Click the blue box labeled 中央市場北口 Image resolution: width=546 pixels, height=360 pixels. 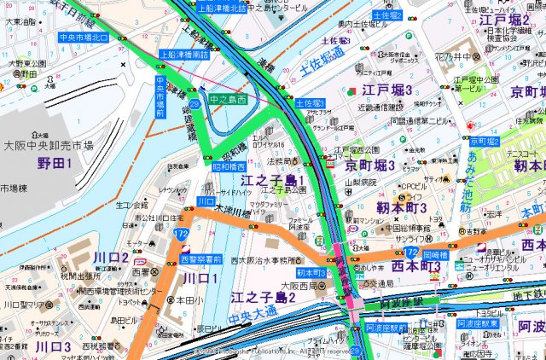pos(83,38)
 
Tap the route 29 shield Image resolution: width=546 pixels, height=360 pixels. pos(196,103)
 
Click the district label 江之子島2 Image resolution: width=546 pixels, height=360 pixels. pos(262,297)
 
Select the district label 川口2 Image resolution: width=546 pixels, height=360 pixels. pos(112,257)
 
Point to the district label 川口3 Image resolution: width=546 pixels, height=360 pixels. pos(53,346)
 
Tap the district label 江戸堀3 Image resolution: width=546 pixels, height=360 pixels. pos(386,90)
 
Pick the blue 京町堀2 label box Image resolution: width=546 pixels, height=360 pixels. pos(485,140)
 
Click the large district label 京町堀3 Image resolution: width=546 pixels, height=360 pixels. pos(370,164)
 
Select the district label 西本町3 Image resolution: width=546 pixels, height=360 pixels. pos(411,266)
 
